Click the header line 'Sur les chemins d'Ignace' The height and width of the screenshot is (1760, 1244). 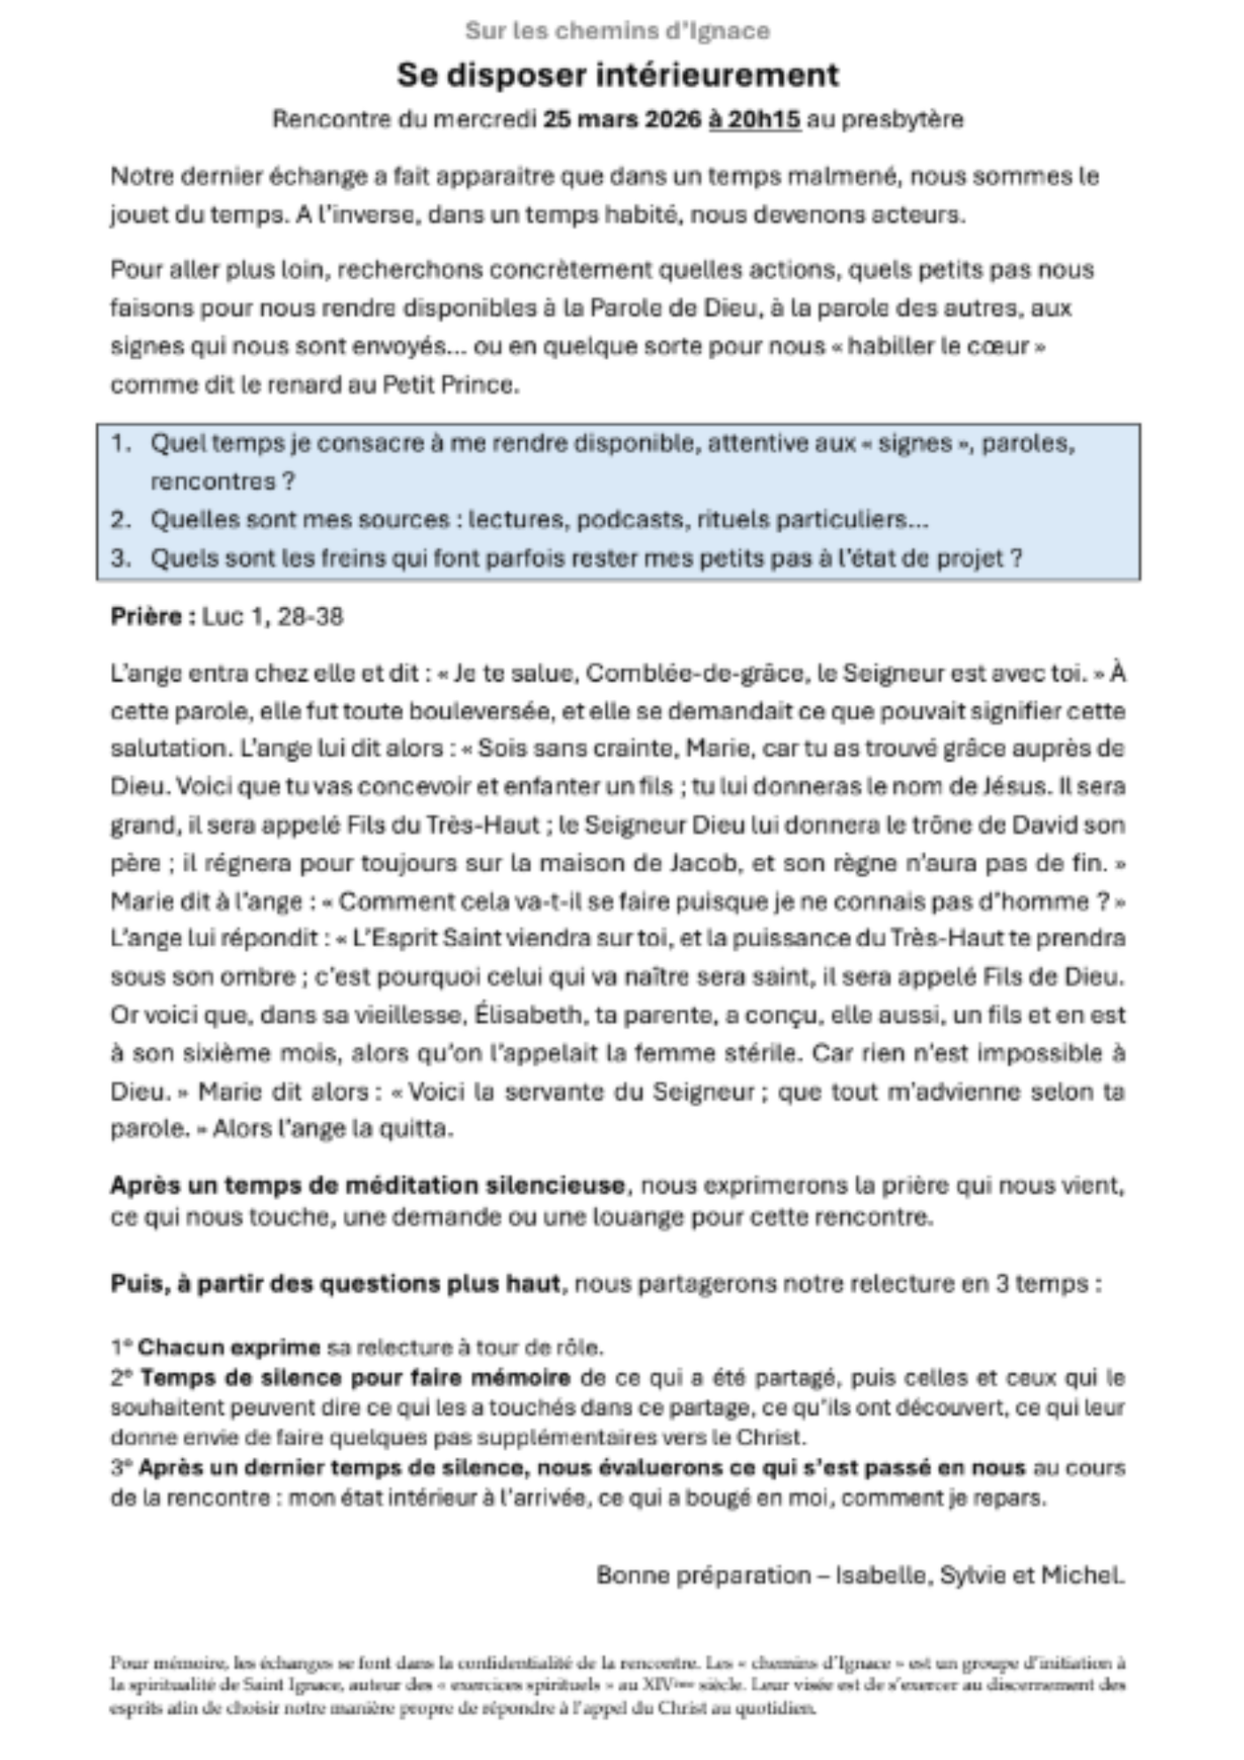617,32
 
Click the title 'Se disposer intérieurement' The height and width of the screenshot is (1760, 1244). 618,76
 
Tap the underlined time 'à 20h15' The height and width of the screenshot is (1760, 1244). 754,119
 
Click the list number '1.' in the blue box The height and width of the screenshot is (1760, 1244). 121,443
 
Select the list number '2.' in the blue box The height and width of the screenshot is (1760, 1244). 121,519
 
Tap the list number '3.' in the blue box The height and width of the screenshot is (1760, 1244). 121,558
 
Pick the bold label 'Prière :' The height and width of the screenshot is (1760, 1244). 152,616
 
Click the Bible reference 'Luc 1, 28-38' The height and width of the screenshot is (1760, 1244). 273,616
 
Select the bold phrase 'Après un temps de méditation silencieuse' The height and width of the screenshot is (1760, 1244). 367,1185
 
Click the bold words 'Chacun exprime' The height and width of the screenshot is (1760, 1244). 229,1347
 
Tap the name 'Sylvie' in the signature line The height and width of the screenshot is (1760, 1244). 974,1574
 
